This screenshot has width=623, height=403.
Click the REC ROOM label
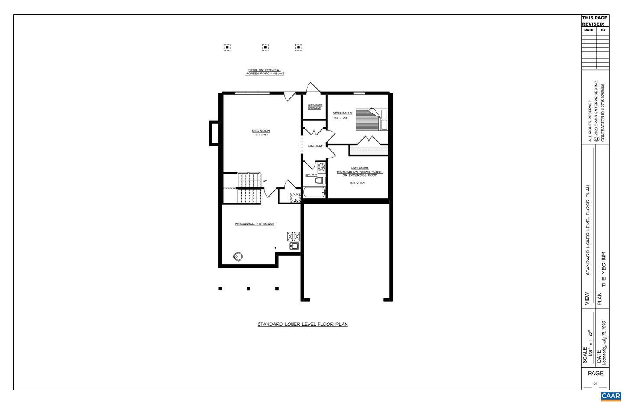click(261, 131)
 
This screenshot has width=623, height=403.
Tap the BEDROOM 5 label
click(342, 113)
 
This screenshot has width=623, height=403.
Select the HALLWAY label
click(315, 146)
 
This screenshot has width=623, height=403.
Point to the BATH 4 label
click(311, 174)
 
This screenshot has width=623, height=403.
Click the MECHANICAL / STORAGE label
click(254, 224)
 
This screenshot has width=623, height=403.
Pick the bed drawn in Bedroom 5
click(372, 119)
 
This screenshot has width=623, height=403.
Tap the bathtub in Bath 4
click(314, 192)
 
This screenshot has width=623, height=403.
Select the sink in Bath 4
click(321, 167)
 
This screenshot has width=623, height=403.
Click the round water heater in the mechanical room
click(238, 256)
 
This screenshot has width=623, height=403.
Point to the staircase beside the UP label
click(249, 188)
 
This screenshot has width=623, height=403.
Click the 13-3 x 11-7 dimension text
click(357, 184)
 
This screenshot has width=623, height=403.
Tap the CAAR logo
click(610, 396)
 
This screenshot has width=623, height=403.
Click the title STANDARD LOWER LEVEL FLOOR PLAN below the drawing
click(302, 324)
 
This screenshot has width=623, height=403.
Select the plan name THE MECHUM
click(604, 269)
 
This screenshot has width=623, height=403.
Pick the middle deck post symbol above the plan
click(265, 47)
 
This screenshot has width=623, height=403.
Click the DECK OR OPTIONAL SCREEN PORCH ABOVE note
click(264, 72)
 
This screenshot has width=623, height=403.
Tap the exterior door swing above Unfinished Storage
click(312, 87)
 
